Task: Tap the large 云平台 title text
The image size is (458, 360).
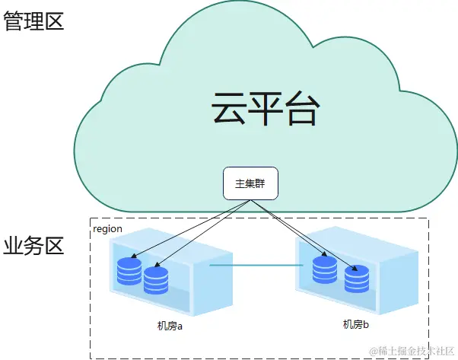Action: pyautogui.click(x=262, y=110)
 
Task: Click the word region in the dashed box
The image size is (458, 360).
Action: pyautogui.click(x=107, y=229)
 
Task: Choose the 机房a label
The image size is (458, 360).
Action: pyautogui.click(x=171, y=326)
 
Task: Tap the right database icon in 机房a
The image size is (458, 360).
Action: pyautogui.click(x=156, y=279)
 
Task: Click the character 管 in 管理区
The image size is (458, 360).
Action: pyautogui.click(x=13, y=21)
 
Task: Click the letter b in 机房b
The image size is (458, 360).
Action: pyautogui.click(x=366, y=325)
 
